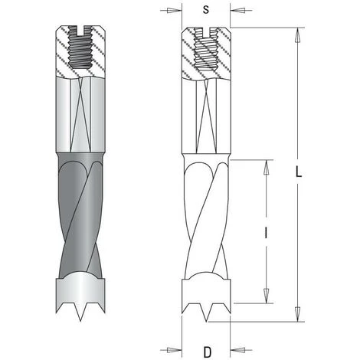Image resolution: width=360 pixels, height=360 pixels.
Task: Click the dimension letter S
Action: click(x=206, y=10)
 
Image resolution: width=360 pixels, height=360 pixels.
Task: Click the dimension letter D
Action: click(x=208, y=352)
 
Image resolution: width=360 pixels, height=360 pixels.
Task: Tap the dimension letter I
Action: click(x=266, y=233)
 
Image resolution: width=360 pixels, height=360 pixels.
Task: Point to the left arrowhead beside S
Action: click(x=175, y=11)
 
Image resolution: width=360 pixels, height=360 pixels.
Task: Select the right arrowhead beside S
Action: click(x=237, y=11)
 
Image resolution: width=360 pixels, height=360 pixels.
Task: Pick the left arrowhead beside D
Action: click(x=175, y=350)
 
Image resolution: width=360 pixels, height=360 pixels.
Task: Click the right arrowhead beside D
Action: click(x=237, y=350)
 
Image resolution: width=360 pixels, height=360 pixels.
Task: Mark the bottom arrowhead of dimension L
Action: click(x=297, y=314)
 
